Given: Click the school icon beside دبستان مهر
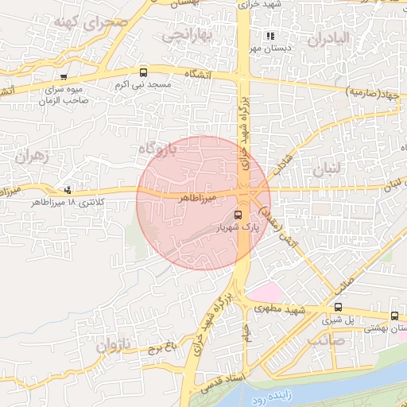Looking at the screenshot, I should click(x=270, y=36).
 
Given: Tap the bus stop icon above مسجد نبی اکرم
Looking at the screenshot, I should click(x=143, y=72).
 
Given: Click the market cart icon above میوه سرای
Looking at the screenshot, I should click(x=63, y=78).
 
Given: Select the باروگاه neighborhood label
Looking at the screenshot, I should click(x=156, y=149).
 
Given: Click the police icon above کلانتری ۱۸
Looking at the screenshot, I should click(x=68, y=190).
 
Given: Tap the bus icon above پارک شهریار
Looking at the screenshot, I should click(x=238, y=215).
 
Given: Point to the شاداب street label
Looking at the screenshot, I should click(x=283, y=160).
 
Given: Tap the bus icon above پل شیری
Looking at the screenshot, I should click(x=338, y=307).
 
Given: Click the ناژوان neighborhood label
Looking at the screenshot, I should click(x=112, y=346).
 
